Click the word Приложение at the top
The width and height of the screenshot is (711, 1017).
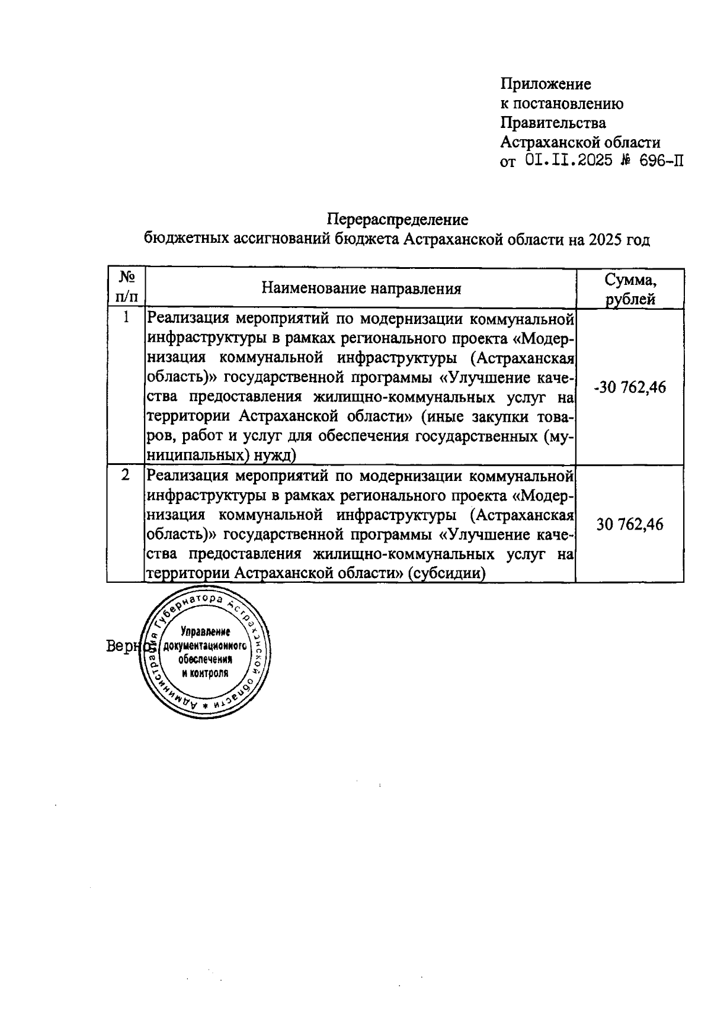pos(546,84)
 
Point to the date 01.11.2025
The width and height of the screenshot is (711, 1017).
pos(568,162)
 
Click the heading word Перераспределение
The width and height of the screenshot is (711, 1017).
pos(398,220)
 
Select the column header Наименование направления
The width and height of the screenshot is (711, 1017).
pos(361,289)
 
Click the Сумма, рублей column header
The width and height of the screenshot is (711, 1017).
pos(630,289)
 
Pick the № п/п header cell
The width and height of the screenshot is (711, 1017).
pos(126,287)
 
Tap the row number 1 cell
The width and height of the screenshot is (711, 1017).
pos(126,318)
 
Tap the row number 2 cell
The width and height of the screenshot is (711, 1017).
pos(126,475)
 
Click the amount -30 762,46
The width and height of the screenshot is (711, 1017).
pos(630,387)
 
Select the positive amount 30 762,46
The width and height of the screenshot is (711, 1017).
pos(630,525)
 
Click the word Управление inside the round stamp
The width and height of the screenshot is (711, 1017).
pos(206,631)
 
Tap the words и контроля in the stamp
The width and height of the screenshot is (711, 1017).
pos(205,673)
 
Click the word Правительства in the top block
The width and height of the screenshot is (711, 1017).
pos(553,123)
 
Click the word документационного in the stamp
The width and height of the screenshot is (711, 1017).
pos(205,645)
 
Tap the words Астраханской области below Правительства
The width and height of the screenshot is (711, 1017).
pos(580,143)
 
